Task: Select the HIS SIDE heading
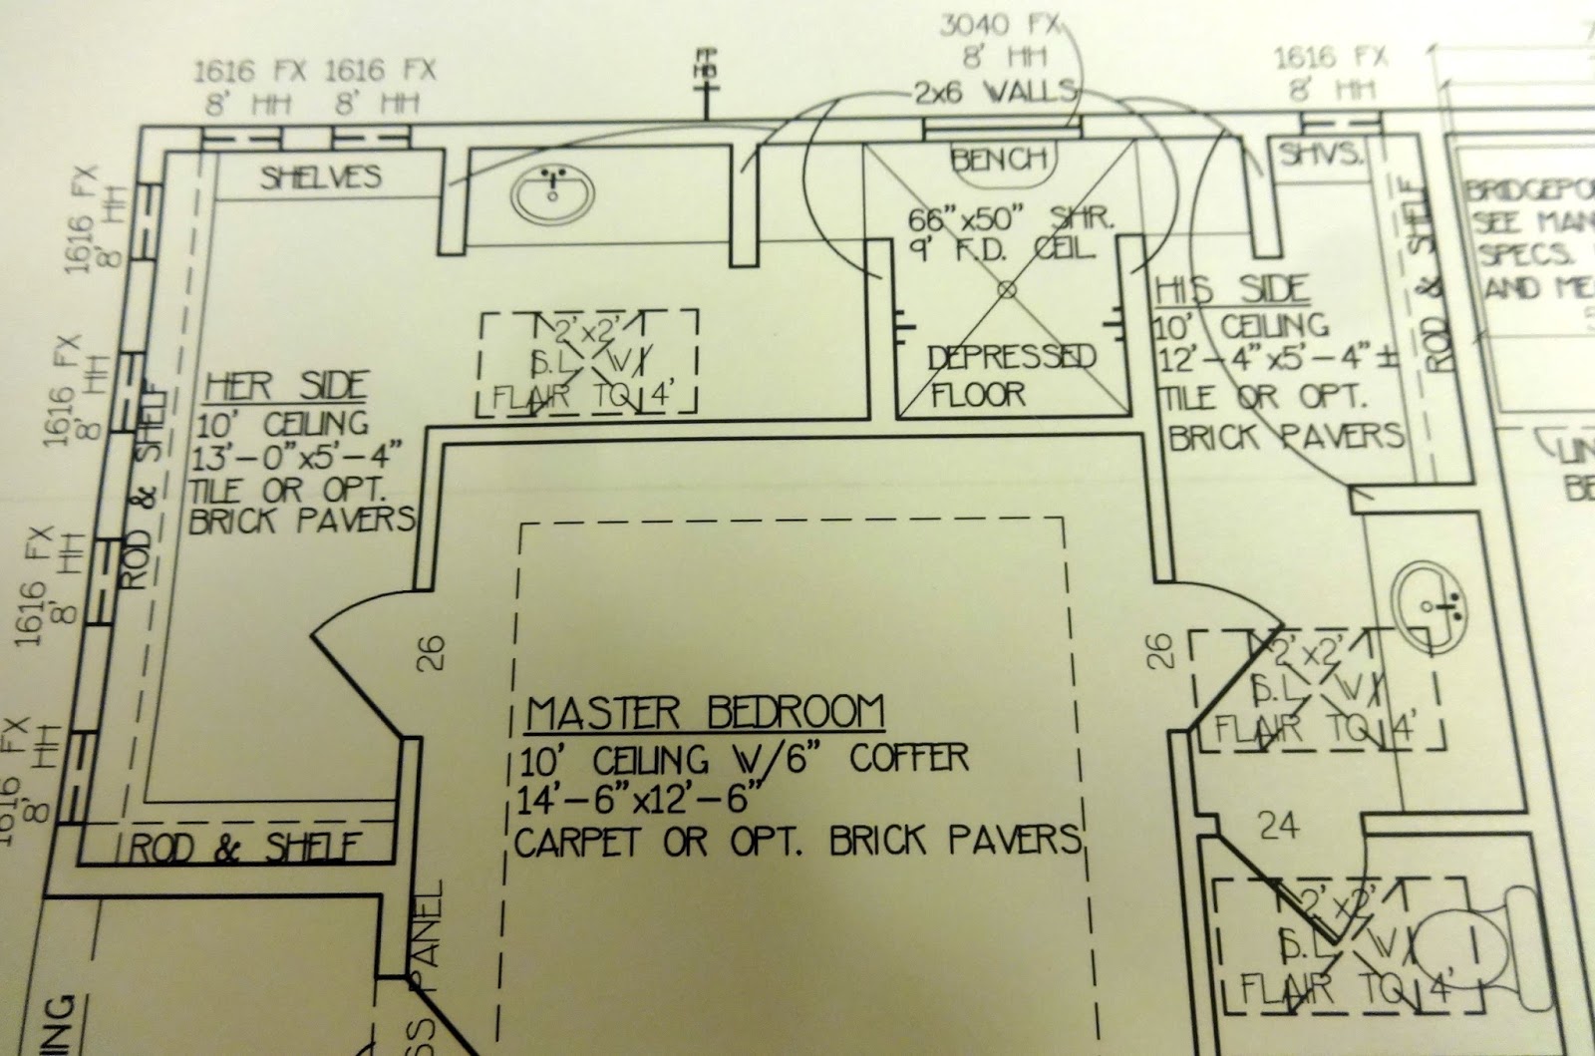tap(1231, 290)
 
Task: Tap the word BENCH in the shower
tap(1000, 159)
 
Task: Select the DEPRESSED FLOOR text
tap(1009, 375)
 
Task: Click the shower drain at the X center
tap(1005, 290)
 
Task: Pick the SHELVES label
tap(321, 177)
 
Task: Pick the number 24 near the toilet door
tap(1280, 825)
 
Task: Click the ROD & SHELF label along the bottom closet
tap(244, 849)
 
